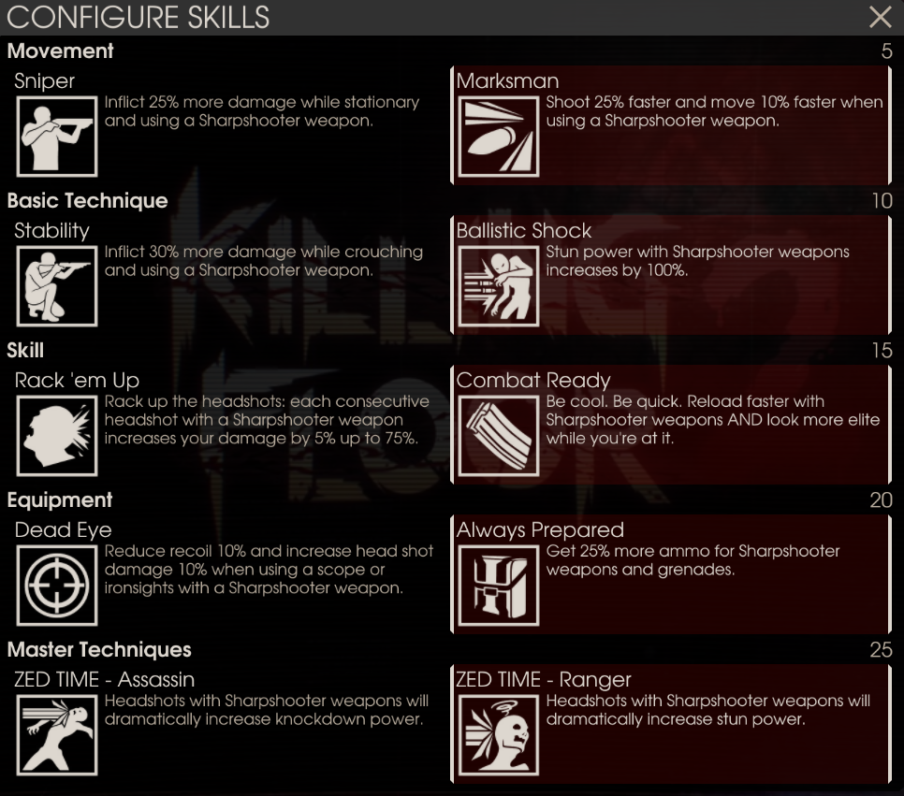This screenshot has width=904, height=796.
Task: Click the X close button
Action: pos(880,17)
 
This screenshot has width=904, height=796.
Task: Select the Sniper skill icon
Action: pos(57,136)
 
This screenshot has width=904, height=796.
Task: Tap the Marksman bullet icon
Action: pos(499,136)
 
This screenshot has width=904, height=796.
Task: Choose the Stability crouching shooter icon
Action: pos(57,286)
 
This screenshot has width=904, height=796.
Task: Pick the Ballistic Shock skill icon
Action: pos(499,286)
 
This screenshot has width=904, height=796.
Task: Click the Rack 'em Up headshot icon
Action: pos(57,436)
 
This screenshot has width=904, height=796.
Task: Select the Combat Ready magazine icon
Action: pos(499,436)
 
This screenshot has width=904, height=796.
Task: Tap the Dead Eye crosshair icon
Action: pos(57,586)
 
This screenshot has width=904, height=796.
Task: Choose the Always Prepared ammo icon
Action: pos(499,586)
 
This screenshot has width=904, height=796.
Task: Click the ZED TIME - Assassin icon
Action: pos(57,735)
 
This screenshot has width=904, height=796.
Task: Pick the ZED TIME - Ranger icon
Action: pos(499,735)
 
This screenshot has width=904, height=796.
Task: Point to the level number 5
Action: pos(887,51)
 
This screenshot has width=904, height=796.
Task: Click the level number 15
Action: pos(882,351)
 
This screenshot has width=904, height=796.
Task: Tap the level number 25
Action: pos(881,649)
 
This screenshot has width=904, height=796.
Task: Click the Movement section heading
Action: pos(61,51)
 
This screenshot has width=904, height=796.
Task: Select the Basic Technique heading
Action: pos(88,200)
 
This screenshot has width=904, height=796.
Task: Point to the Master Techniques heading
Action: pos(99,649)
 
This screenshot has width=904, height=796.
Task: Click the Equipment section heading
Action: pos(60,500)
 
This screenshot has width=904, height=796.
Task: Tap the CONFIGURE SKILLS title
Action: pos(139,17)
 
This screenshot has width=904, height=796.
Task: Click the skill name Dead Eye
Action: pos(63,529)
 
